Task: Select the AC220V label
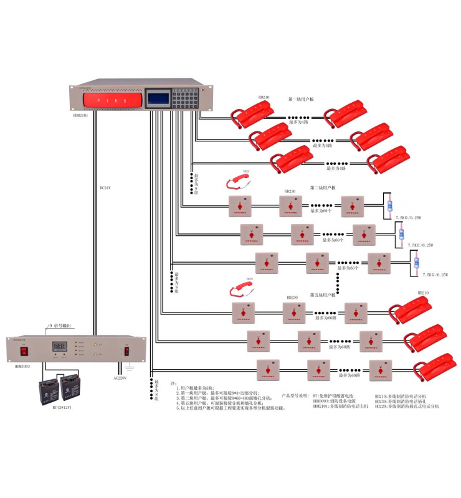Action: [120, 377]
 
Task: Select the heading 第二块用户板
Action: [323, 188]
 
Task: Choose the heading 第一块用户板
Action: [301, 99]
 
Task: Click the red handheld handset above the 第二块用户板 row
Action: [237, 181]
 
